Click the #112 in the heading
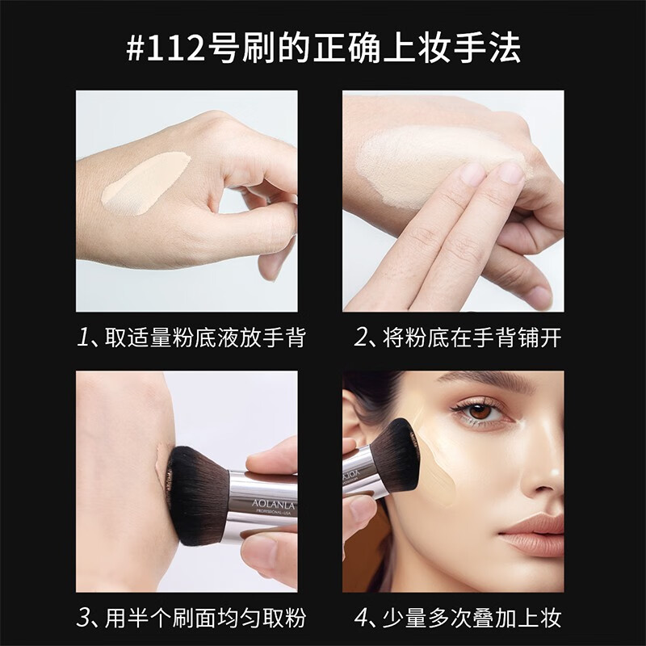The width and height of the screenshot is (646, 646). [166, 48]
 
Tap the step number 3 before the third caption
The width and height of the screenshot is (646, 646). [83, 619]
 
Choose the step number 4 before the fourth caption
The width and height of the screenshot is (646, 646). [361, 619]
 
